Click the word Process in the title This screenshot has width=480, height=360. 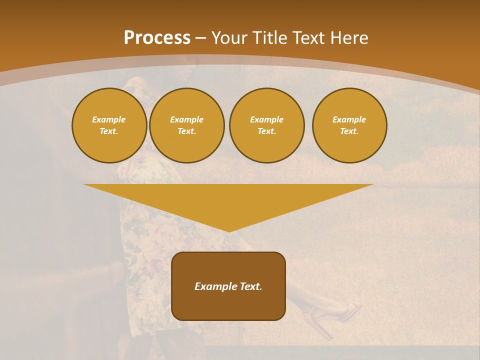pos(157,38)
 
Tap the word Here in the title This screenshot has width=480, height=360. pos(348,38)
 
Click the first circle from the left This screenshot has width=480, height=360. pos(109,125)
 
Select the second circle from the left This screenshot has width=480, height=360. pos(186,125)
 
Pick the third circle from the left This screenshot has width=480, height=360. pos(266,125)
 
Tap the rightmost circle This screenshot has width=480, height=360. pos(349,125)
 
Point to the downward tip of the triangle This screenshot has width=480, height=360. pos(228,230)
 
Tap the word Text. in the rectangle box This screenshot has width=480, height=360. pos(251,286)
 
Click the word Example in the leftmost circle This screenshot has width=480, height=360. pos(109,119)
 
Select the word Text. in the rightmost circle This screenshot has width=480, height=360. pos(349,131)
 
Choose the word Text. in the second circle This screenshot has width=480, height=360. pos(186,131)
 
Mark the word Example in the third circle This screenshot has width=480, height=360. pos(266,119)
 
